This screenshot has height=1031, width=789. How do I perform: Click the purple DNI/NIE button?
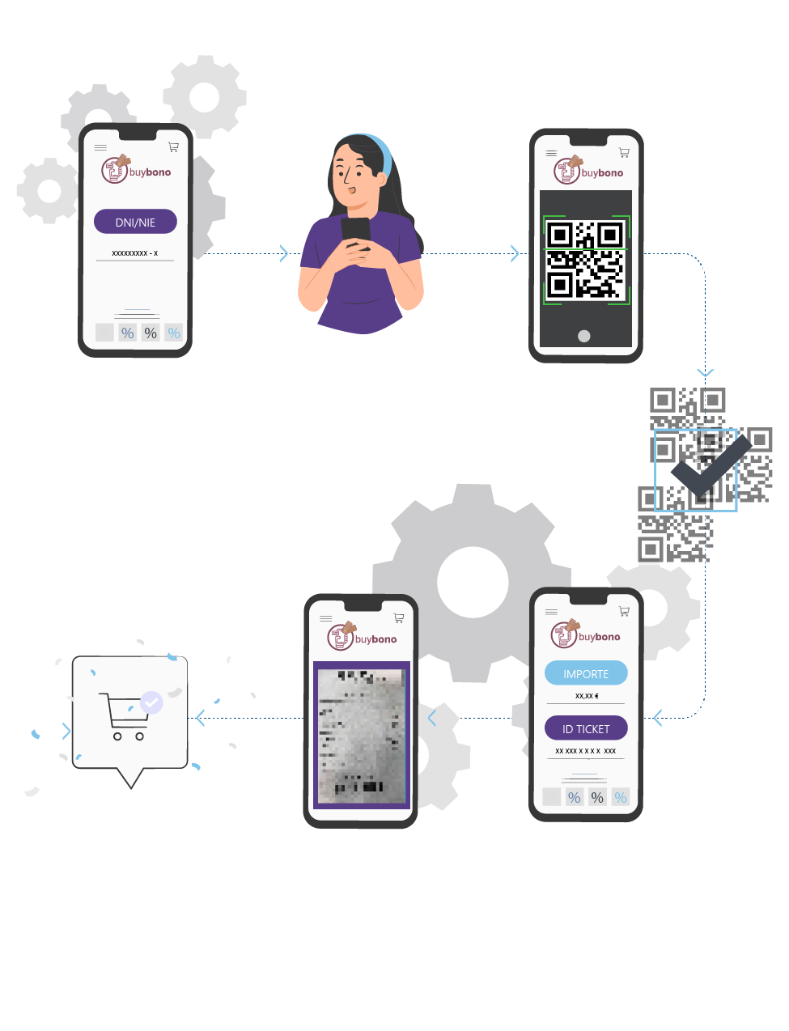click(x=135, y=222)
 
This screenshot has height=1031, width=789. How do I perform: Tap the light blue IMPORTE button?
click(x=586, y=673)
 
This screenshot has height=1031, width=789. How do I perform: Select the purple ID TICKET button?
click(x=586, y=728)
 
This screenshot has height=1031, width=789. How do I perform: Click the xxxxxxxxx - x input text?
click(x=135, y=253)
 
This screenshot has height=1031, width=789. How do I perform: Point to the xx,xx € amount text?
click(x=587, y=696)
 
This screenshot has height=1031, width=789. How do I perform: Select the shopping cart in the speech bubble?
click(x=122, y=715)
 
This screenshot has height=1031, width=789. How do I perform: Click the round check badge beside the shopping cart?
click(x=151, y=702)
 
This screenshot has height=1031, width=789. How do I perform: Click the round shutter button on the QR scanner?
click(x=584, y=336)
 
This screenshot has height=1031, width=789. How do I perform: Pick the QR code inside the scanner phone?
click(x=586, y=260)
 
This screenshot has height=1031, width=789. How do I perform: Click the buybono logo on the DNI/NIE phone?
click(x=136, y=170)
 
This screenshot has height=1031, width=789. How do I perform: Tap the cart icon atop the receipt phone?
click(x=399, y=618)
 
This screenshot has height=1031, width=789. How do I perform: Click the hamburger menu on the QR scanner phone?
click(x=551, y=153)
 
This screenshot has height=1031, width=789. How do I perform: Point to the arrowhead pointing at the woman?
click(x=284, y=253)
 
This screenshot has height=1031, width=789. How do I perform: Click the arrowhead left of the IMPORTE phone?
click(x=657, y=718)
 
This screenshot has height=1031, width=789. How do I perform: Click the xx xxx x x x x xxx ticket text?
click(x=586, y=751)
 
